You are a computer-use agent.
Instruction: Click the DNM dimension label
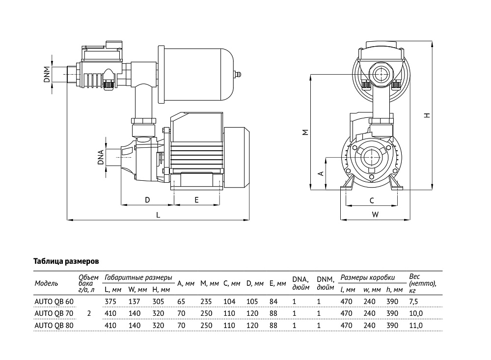[47, 74]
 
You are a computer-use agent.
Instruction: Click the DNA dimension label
[101, 157]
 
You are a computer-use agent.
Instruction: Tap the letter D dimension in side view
[147, 200]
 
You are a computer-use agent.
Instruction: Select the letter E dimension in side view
[197, 200]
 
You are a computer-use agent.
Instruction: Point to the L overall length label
[158, 215]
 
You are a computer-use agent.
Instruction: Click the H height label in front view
[427, 115]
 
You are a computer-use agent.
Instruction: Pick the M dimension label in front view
[305, 132]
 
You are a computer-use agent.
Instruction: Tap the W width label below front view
[375, 215]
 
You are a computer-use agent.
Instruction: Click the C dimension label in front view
[372, 200]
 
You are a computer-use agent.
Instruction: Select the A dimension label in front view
[321, 173]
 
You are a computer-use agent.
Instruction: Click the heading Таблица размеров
[66, 261]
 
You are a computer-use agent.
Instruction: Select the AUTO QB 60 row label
[54, 302]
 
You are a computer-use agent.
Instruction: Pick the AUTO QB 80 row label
[54, 326]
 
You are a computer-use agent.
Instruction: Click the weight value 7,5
[413, 302]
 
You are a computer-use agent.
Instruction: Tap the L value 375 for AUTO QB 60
[110, 302]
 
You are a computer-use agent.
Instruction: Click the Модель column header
[46, 283]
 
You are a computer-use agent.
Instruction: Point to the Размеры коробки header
[368, 277]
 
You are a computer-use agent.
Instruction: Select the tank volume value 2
[89, 313]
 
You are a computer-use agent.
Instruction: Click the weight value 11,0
[416, 326]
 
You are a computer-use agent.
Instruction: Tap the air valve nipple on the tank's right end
[238, 75]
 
